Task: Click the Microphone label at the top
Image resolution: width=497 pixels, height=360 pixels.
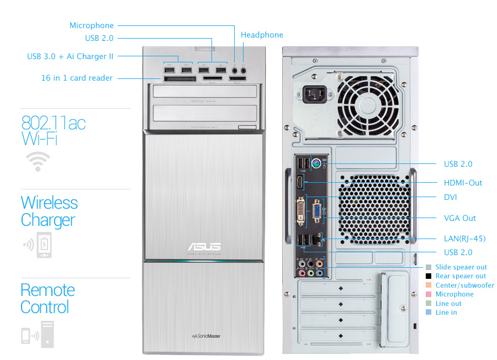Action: (x=92, y=25)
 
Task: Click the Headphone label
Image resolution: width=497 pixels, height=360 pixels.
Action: (x=262, y=35)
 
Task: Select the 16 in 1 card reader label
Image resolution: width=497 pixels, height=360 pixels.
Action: (x=77, y=78)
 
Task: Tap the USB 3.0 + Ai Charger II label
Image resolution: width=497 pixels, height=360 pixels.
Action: (x=70, y=56)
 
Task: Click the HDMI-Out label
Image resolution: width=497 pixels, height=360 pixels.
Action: (x=463, y=183)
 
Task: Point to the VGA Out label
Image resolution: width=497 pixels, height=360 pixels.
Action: (x=459, y=218)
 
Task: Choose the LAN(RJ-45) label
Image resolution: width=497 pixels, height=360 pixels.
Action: (x=464, y=239)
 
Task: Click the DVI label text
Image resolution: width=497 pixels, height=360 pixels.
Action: (x=450, y=197)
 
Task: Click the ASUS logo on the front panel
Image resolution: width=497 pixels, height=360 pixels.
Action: (x=204, y=246)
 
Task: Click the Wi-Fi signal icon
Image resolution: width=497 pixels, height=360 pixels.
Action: (x=38, y=161)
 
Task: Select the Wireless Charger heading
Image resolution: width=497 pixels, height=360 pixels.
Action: (x=49, y=211)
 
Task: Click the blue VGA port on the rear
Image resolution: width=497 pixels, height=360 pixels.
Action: (x=318, y=213)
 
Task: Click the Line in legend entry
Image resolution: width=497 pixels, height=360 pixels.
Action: (x=446, y=313)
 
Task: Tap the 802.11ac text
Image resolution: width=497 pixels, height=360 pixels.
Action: (x=53, y=122)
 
